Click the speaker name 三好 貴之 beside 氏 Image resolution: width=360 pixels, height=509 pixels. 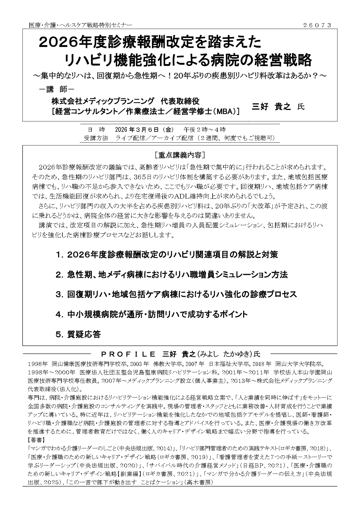[271, 107]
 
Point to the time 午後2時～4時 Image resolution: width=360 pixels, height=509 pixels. [205, 129]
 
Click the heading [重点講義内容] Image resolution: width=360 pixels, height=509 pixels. [180, 155]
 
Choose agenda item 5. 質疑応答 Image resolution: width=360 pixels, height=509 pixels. [78, 334]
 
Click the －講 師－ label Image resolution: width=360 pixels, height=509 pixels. [57, 90]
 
